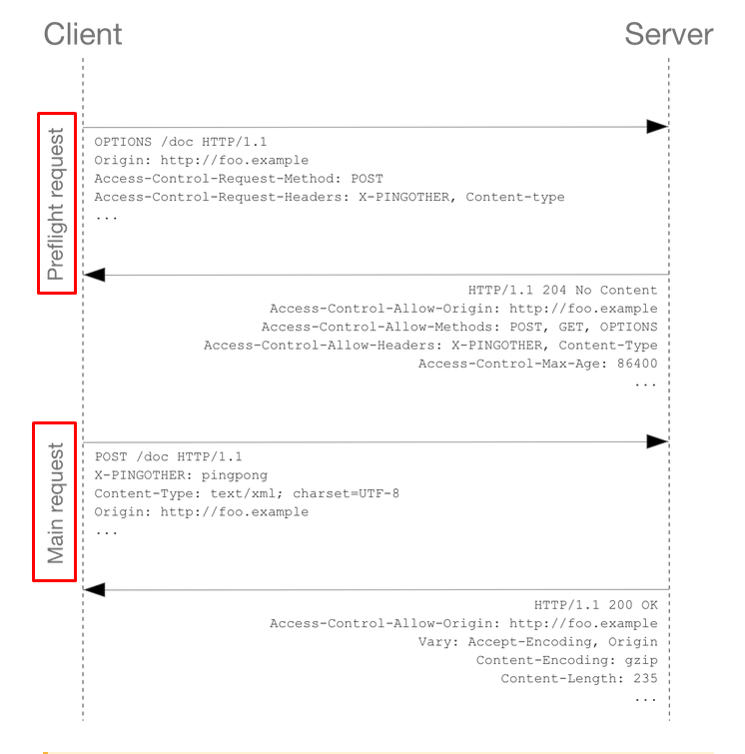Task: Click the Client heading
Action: click(x=83, y=34)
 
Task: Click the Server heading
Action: click(x=668, y=34)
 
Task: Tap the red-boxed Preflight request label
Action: click(x=57, y=204)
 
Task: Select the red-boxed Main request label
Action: click(x=54, y=502)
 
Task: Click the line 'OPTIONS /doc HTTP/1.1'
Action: click(x=181, y=142)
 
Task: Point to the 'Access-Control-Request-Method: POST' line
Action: click(x=239, y=179)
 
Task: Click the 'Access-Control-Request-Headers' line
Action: click(x=330, y=197)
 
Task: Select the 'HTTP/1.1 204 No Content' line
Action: click(x=562, y=290)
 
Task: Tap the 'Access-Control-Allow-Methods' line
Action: click(x=459, y=327)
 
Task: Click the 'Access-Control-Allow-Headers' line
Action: click(x=430, y=346)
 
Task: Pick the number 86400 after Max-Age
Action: click(x=637, y=364)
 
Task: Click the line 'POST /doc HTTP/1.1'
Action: click(x=169, y=456)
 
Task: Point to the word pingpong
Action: click(x=235, y=475)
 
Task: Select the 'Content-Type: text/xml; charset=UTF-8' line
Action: click(x=247, y=494)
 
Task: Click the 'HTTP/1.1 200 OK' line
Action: click(x=596, y=605)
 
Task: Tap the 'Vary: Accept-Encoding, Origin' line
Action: click(x=537, y=642)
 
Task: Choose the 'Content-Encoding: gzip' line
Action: click(x=567, y=660)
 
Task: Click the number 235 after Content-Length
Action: click(x=645, y=678)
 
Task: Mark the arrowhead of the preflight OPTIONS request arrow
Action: click(x=657, y=127)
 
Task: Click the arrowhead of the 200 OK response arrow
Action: click(x=94, y=589)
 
